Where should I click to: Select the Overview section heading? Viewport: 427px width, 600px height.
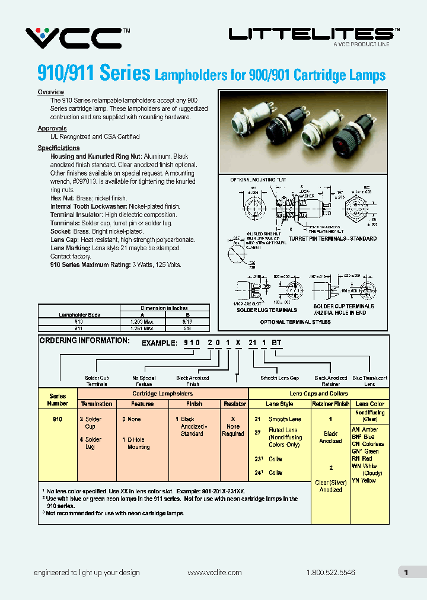[x=51, y=92]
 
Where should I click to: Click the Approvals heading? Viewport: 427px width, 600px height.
[x=52, y=129]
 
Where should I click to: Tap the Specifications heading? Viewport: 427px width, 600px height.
[x=59, y=148]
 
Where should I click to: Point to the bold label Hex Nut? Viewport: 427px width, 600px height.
[x=62, y=198]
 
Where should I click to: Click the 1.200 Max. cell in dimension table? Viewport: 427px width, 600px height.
[x=142, y=320]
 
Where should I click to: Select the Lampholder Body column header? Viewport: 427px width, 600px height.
[x=79, y=314]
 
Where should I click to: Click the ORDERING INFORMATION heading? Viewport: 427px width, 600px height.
[x=84, y=341]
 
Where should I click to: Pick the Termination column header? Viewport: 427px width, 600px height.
[x=97, y=404]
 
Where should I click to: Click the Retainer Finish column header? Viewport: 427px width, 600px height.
[x=330, y=404]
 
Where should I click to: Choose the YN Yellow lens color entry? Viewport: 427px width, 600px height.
[x=364, y=480]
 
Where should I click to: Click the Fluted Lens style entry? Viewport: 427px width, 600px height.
[x=283, y=430]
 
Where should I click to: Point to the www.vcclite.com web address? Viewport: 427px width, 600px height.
[x=214, y=573]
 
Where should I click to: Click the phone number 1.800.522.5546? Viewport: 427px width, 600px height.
[x=331, y=573]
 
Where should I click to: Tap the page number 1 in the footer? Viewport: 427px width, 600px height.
[x=406, y=572]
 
